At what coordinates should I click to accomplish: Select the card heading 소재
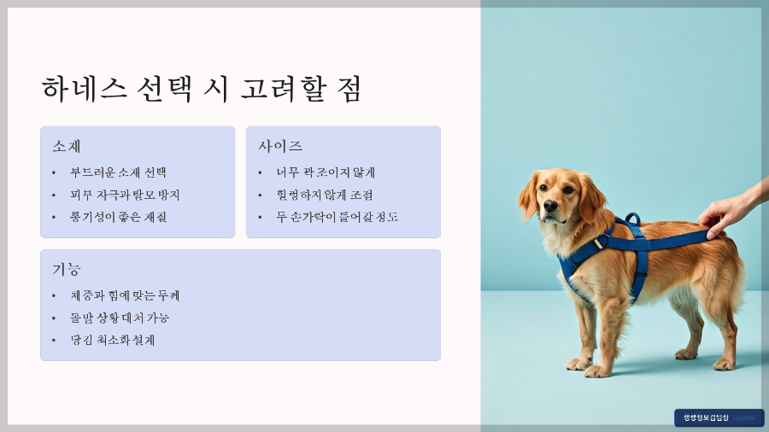tap(67, 146)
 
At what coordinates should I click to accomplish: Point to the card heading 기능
tap(67, 269)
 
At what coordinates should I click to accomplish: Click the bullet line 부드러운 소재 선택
tap(118, 172)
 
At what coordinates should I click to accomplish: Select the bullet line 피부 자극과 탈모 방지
tap(125, 195)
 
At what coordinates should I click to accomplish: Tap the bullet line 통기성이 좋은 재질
tap(118, 217)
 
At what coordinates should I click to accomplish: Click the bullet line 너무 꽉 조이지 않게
tap(326, 172)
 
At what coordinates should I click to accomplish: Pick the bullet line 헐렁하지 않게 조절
tap(324, 195)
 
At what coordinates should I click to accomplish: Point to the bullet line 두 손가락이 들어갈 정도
tap(337, 217)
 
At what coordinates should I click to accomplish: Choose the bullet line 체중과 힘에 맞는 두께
tap(125, 295)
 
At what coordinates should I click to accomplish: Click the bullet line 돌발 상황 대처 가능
tap(120, 318)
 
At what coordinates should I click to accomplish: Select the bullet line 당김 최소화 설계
tap(113, 340)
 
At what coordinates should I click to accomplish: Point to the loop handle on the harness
tap(632, 219)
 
